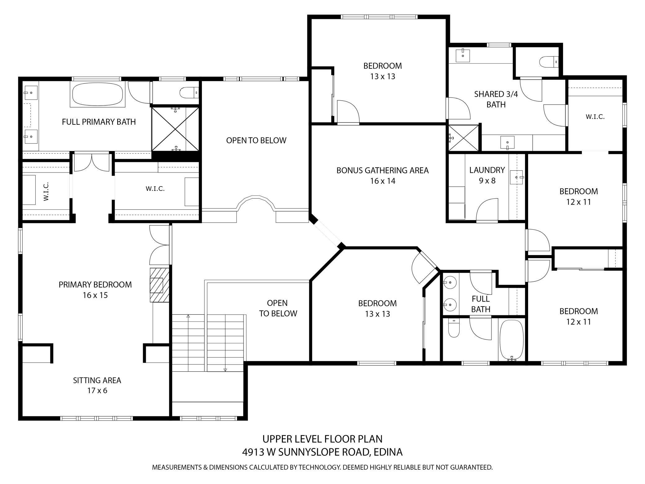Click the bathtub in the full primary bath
(x=97, y=95)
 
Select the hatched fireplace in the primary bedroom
(x=160, y=285)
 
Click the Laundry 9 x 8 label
(x=487, y=175)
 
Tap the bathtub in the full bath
(x=512, y=340)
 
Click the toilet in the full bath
(x=454, y=328)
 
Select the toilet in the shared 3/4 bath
(x=549, y=61)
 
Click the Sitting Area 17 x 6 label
(x=97, y=385)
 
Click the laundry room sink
(x=517, y=177)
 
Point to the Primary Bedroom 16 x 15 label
(x=95, y=290)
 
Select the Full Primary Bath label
(x=99, y=122)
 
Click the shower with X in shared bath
(x=464, y=138)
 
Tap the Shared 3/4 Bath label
(x=496, y=99)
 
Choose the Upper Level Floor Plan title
(x=322, y=439)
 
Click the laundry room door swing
(x=487, y=210)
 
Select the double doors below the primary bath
(x=92, y=162)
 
